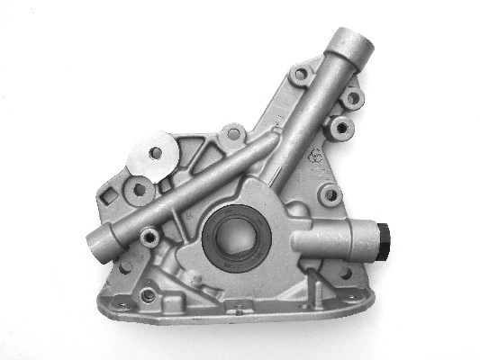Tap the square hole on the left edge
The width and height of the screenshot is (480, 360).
click(111, 195)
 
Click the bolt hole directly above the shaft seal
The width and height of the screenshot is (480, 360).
click(233, 134)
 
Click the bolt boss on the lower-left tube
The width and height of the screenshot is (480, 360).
click(149, 237)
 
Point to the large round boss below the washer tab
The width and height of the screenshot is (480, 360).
click(140, 190)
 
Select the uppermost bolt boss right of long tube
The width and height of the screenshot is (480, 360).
click(353, 97)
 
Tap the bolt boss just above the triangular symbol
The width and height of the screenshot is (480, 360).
click(341, 127)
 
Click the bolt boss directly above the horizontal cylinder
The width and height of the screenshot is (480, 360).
click(331, 193)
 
